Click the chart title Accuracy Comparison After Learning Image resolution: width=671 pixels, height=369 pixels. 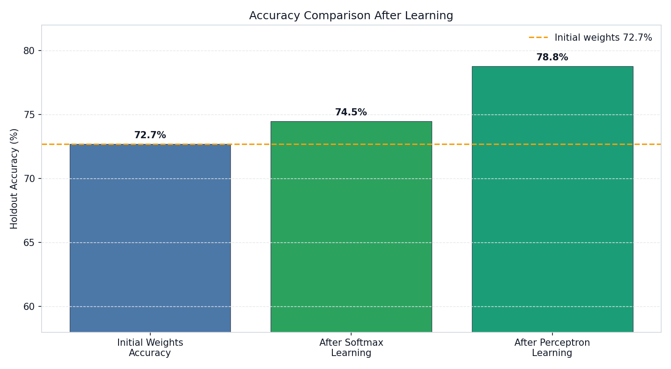(351, 16)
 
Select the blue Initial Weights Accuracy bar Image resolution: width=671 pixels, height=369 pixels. (150, 237)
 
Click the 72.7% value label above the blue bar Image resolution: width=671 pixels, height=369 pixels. (150, 135)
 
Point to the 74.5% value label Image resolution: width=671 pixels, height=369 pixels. (351, 112)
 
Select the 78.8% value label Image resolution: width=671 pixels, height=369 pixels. (552, 57)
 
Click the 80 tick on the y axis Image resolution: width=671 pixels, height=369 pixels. (29, 51)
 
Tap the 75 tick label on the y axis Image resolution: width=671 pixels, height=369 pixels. (29, 115)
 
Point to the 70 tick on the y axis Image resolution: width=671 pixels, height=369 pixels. (29, 179)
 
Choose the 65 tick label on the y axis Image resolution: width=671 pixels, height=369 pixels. (29, 243)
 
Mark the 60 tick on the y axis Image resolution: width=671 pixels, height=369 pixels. (29, 307)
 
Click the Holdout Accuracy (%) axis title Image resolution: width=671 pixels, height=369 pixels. (14, 178)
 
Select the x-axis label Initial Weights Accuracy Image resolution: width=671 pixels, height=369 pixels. (150, 348)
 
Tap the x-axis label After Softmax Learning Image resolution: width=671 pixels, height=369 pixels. (351, 348)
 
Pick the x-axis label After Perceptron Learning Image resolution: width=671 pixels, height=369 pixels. (552, 348)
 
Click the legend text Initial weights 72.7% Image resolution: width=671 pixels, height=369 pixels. (603, 38)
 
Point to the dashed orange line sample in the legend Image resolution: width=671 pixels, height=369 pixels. (538, 38)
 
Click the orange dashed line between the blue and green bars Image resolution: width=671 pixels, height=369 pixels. (251, 144)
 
